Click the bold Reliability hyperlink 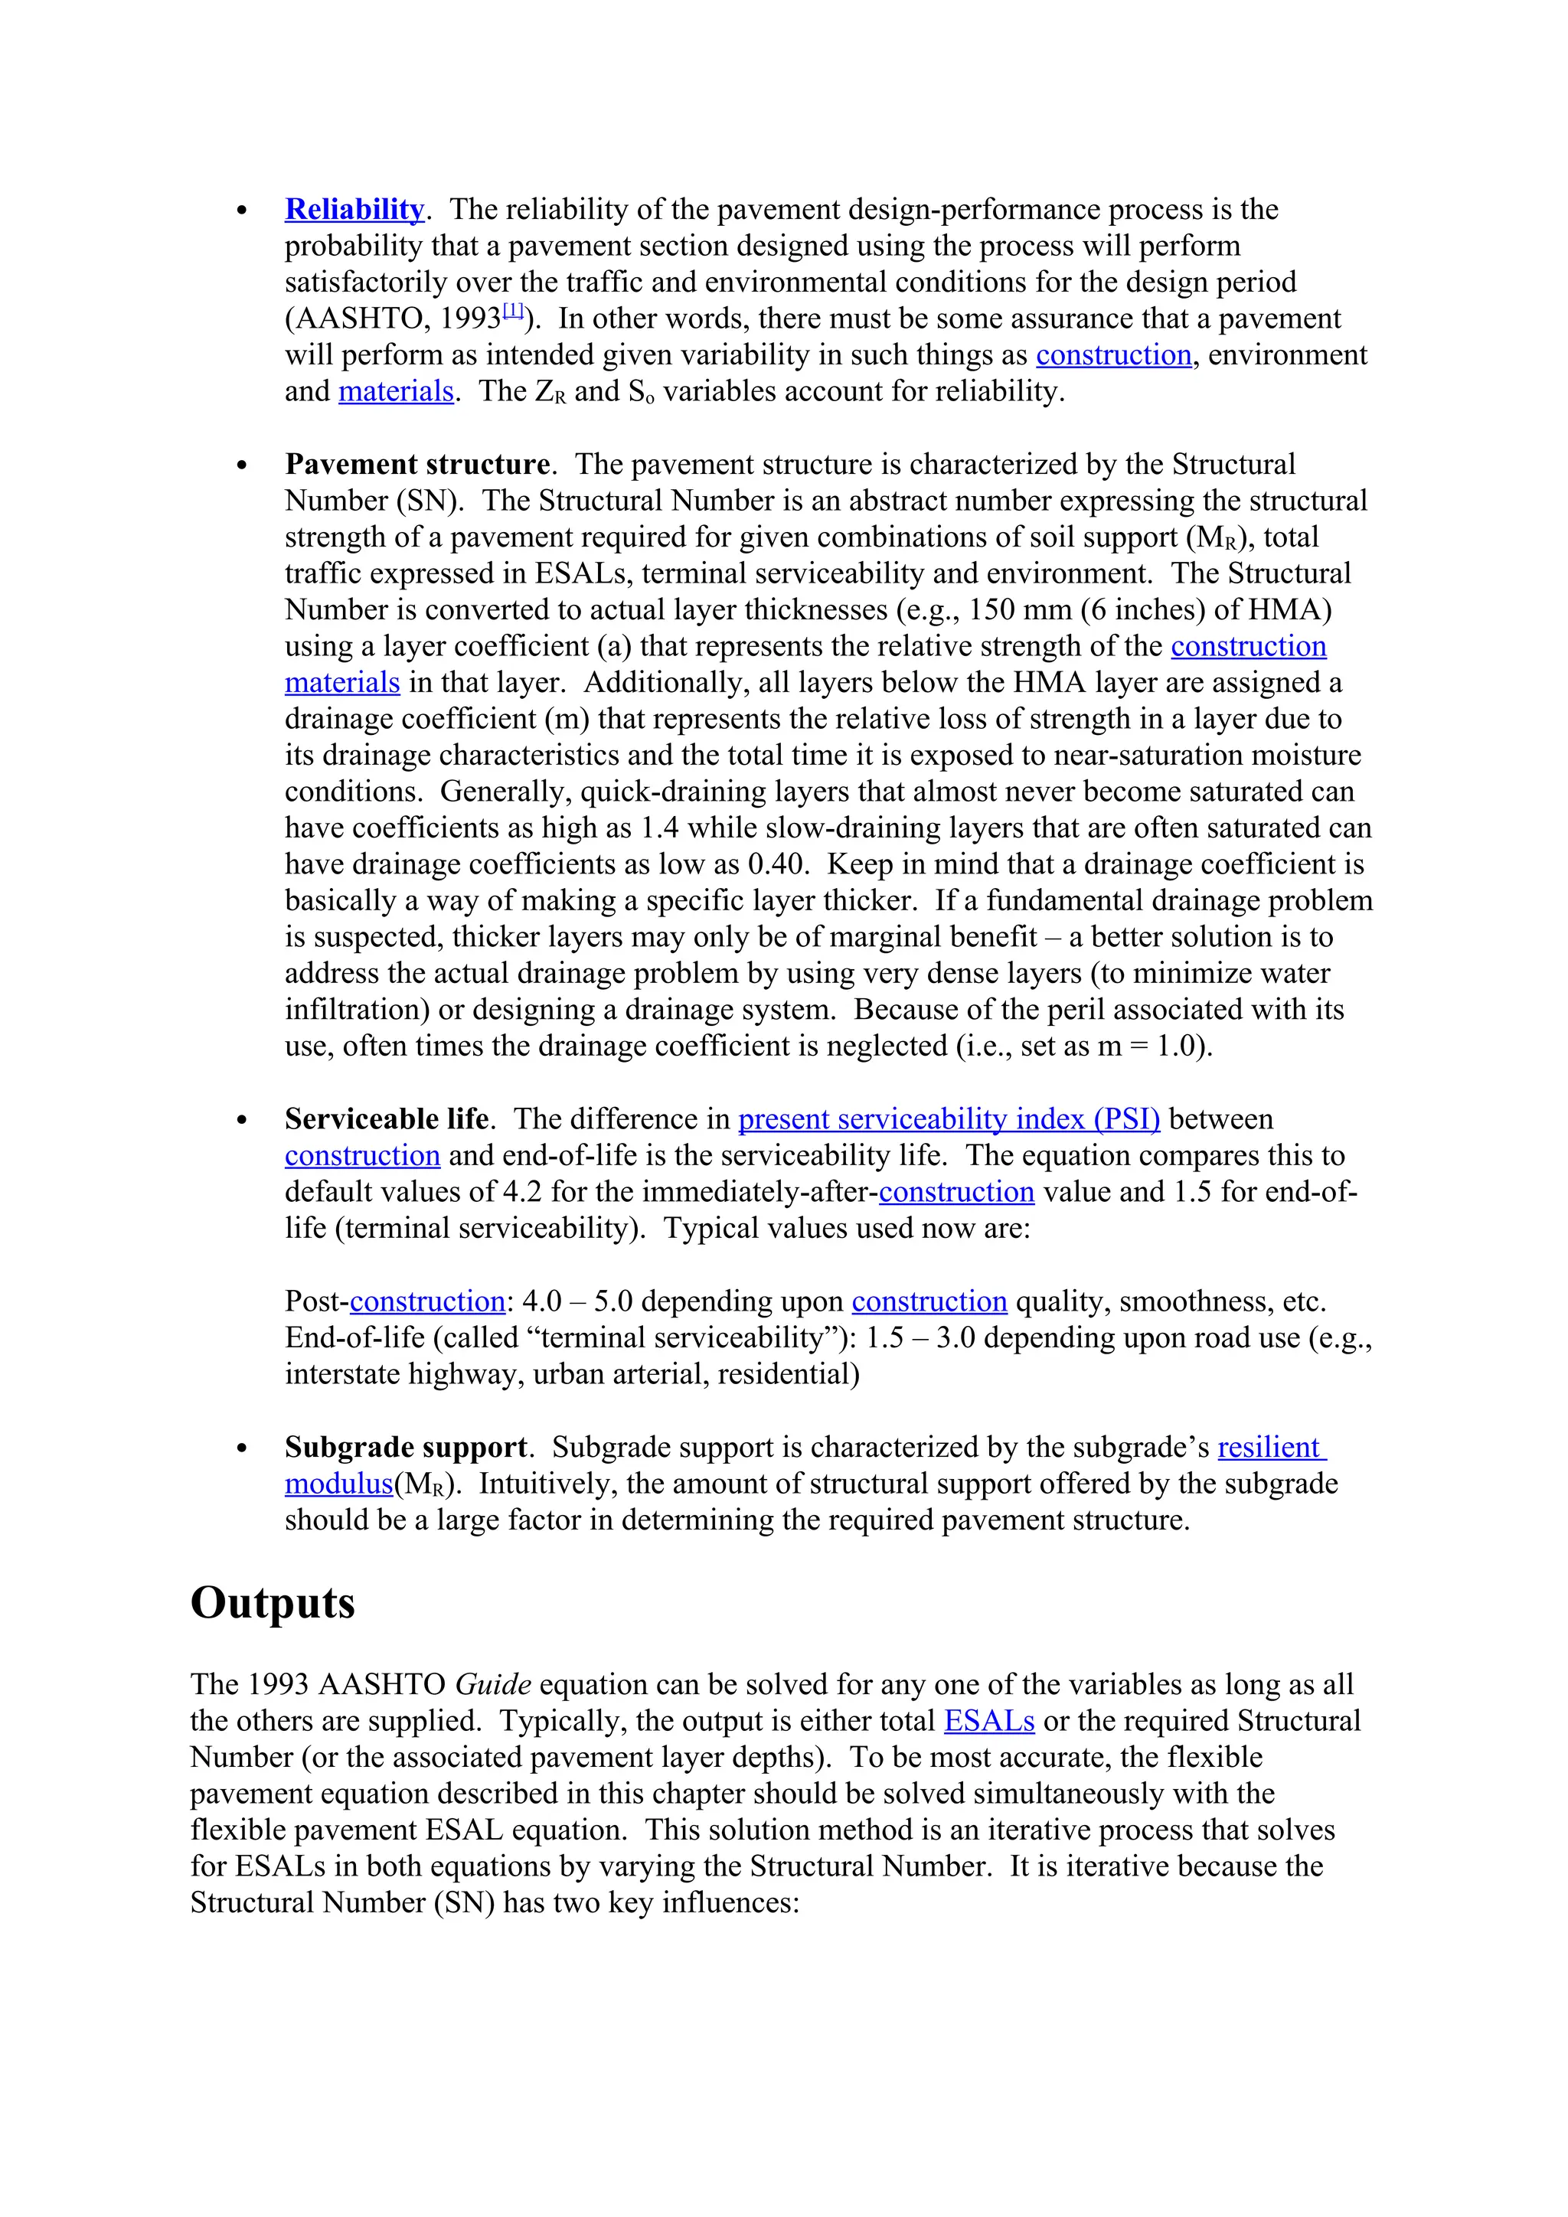point(354,210)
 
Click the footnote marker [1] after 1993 point(513,312)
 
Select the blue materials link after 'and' point(396,391)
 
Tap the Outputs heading point(273,1603)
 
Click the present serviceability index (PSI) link point(949,1119)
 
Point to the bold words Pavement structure point(417,465)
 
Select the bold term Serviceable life point(386,1119)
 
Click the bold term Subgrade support point(406,1448)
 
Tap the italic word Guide point(492,1684)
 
